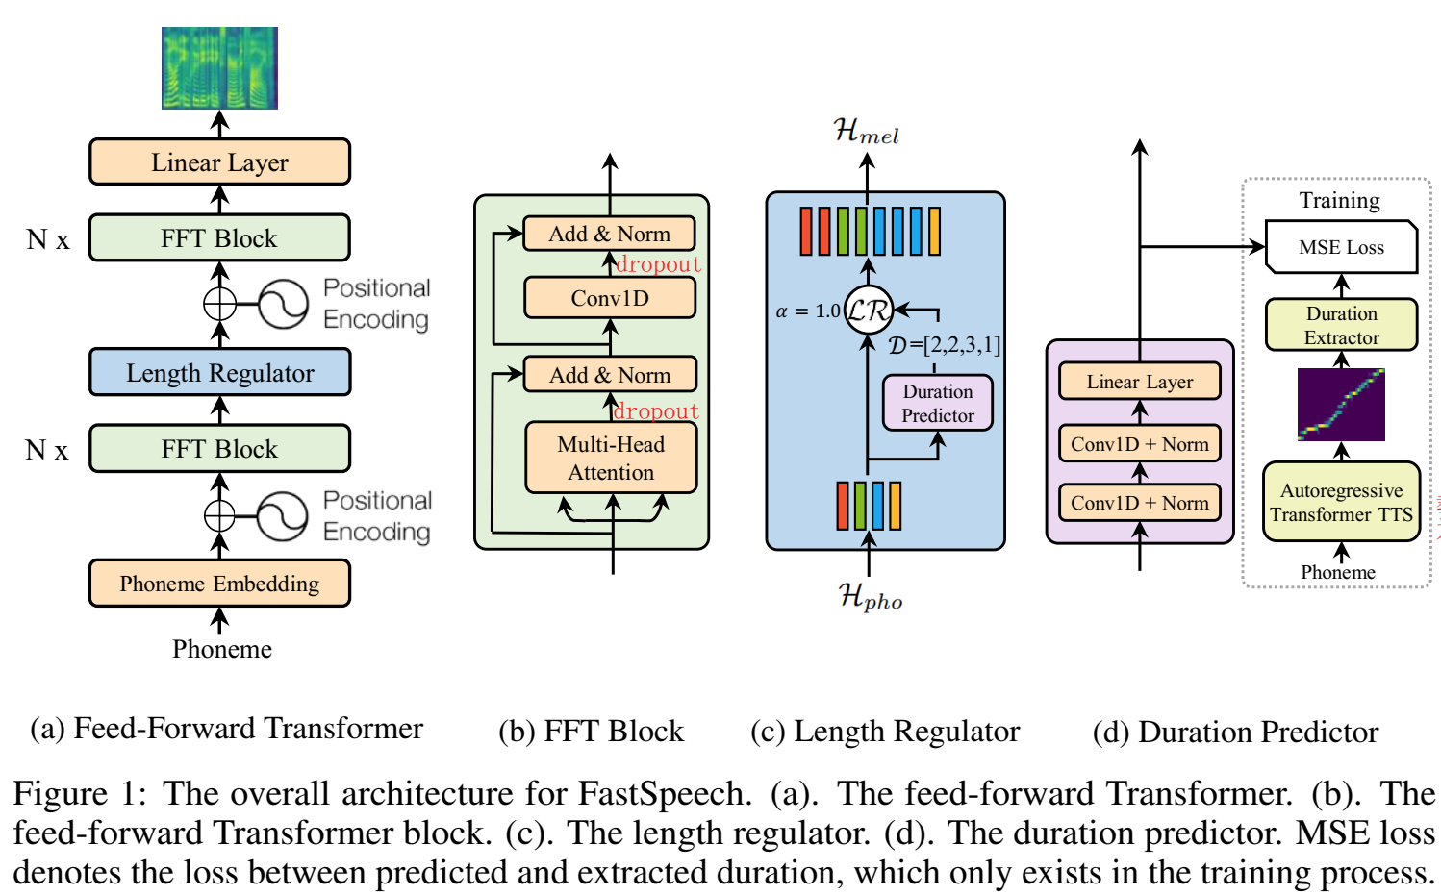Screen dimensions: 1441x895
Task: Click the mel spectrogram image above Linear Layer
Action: (219, 67)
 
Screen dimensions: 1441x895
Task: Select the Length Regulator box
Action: (220, 372)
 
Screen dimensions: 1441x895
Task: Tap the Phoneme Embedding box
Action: (220, 584)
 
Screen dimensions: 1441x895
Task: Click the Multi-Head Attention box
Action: (611, 458)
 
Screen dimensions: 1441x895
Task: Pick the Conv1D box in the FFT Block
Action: (610, 298)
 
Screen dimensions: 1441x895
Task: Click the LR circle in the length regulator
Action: (868, 311)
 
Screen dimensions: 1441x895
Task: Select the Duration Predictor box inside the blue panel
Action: (937, 403)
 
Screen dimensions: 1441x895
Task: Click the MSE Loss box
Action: (1341, 247)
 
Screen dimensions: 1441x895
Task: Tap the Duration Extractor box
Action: (1341, 325)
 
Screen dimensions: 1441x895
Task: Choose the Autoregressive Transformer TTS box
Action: (1341, 502)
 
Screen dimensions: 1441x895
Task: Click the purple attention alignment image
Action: (1341, 405)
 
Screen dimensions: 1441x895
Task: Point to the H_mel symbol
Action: (866, 131)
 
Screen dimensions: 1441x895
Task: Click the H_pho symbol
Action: (870, 596)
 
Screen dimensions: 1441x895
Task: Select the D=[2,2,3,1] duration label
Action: (945, 346)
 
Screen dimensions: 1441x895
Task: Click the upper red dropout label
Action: (658, 263)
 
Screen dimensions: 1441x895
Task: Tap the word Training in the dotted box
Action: (1340, 200)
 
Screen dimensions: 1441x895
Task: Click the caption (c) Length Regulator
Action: (885, 732)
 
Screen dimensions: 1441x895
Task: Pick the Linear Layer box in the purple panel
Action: (1139, 382)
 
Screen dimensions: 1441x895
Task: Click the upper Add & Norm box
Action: (609, 234)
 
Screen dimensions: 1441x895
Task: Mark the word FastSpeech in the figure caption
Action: (665, 793)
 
